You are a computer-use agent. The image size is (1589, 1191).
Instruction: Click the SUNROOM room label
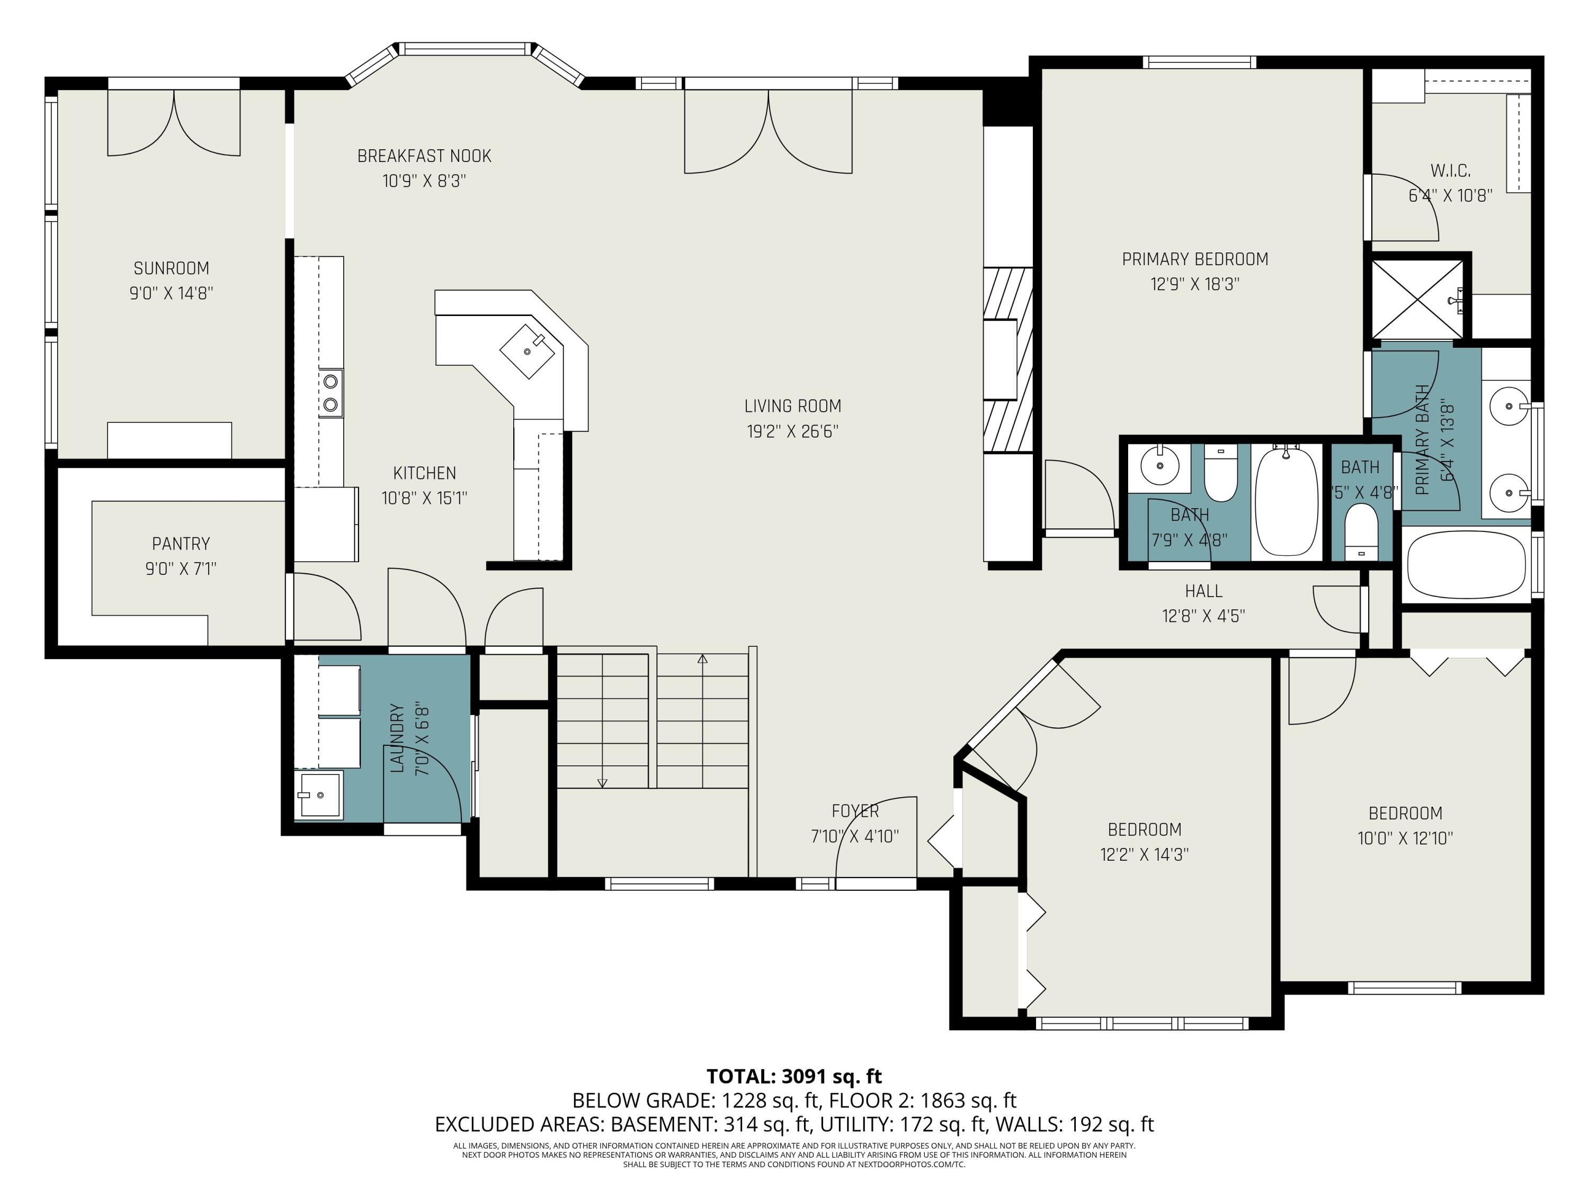point(171,268)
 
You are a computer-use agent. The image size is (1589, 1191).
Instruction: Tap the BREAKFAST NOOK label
point(425,156)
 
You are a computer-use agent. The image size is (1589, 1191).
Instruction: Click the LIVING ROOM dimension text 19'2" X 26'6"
point(792,431)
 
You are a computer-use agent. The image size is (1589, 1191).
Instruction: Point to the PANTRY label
point(181,544)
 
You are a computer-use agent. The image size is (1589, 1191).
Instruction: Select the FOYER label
point(855,811)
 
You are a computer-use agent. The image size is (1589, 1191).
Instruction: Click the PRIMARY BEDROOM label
point(1195,259)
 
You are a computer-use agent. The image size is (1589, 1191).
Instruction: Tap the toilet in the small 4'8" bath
point(1360,532)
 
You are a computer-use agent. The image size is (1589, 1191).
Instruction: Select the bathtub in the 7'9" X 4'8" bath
point(1287,500)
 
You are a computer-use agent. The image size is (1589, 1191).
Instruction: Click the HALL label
point(1204,591)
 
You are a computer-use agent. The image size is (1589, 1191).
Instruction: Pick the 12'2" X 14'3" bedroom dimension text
point(1144,854)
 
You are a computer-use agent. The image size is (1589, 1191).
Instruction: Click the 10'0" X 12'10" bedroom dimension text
point(1405,838)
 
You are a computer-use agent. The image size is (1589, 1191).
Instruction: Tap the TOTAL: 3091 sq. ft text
point(794,1076)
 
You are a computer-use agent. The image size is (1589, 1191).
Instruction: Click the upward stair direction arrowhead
point(702,658)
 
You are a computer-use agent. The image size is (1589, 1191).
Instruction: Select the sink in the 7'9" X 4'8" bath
point(1160,467)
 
